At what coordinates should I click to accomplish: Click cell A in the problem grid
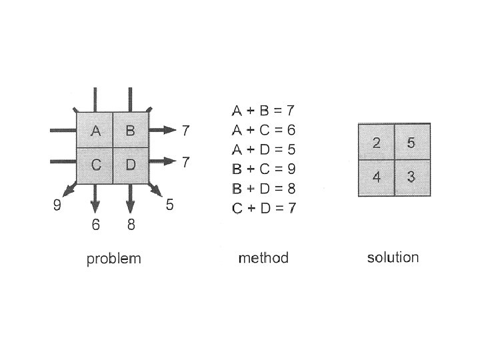click(95, 131)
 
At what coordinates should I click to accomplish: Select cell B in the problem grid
click(129, 131)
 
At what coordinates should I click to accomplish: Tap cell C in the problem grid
click(95, 165)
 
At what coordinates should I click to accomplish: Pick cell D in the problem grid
click(129, 165)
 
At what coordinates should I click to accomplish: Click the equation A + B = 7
click(263, 110)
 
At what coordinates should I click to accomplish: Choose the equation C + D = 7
click(263, 208)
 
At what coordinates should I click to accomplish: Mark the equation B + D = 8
click(263, 189)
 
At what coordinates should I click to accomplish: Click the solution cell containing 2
click(376, 142)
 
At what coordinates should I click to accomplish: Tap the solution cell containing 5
click(411, 142)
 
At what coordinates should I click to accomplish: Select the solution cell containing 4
click(376, 177)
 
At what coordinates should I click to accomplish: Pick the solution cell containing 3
click(411, 177)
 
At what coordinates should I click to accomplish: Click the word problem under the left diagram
click(113, 259)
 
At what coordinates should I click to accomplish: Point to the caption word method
click(263, 258)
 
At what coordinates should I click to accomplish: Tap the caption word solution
click(393, 257)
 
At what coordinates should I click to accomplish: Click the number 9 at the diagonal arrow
click(57, 205)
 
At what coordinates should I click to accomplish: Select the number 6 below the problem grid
click(96, 225)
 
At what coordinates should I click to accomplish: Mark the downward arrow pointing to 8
click(130, 200)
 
